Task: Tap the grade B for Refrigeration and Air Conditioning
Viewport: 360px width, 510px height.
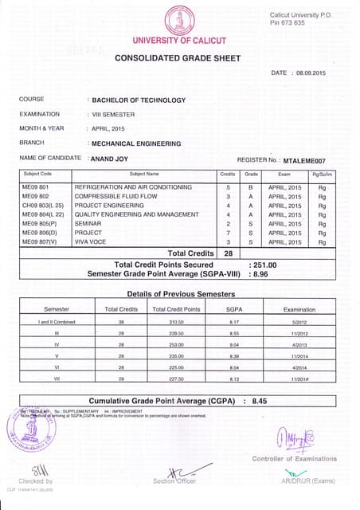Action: click(250, 186)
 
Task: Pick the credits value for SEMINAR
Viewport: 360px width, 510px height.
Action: click(228, 223)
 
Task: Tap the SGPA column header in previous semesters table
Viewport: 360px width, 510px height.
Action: click(233, 308)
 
